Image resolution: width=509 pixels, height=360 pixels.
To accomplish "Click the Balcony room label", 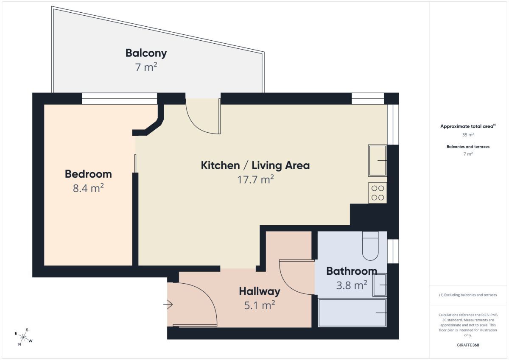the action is (146, 53).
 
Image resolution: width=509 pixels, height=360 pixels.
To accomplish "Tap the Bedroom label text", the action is (88, 174).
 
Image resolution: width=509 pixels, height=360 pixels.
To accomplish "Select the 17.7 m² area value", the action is (255, 180).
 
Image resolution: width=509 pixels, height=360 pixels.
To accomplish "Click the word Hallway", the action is (260, 292).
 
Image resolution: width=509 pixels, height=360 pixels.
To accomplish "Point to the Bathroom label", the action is (352, 271).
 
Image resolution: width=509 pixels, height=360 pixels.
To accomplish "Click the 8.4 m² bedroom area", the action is (88, 188).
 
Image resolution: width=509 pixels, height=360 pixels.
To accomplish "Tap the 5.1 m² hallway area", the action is (260, 305).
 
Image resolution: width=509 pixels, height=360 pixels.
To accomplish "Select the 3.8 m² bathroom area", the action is (352, 285).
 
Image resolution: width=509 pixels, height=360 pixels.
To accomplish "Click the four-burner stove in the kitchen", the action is (378, 193).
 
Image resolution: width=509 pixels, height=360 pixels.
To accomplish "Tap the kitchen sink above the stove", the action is (378, 161).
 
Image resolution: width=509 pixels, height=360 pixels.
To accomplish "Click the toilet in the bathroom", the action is (370, 246).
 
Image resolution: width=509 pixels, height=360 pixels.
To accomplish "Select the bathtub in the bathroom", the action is (352, 313).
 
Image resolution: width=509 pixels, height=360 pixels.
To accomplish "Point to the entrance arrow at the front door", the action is (168, 304).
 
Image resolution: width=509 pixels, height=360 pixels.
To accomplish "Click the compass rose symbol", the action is (23, 337).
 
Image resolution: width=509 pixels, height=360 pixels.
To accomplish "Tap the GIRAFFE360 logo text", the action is (468, 345).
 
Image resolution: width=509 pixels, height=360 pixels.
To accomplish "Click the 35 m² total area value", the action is (468, 135).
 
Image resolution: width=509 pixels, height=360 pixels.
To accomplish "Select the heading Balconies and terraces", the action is (468, 147).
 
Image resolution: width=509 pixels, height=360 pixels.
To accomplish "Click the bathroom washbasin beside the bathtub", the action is (380, 285).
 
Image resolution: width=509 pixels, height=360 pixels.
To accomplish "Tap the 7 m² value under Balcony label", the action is (146, 67).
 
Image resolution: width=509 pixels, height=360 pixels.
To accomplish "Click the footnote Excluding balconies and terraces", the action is (468, 295).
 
